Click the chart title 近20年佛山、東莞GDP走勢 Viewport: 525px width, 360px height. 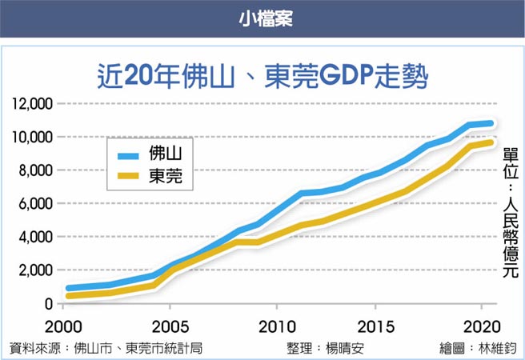tap(262, 77)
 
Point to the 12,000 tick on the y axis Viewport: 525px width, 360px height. tap(31, 104)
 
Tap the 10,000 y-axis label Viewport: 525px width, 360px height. tap(31, 138)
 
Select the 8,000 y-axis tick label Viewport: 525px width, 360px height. tap(34, 171)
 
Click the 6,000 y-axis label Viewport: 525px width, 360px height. tap(34, 205)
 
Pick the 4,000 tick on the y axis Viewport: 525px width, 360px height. tap(34, 238)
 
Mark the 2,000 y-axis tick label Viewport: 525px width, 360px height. tap(34, 271)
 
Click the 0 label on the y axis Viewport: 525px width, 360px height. tap(48, 305)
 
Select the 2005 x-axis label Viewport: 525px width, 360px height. tap(170, 328)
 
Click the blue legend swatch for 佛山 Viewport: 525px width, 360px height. tap(126, 154)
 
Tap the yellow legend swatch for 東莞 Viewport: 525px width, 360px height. tap(126, 178)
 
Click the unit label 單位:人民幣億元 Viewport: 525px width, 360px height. tap(510, 212)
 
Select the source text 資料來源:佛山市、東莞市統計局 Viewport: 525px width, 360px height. tap(105, 348)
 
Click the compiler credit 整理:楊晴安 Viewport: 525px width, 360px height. tap(327, 348)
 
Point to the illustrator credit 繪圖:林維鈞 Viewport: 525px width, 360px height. tap(479, 348)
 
